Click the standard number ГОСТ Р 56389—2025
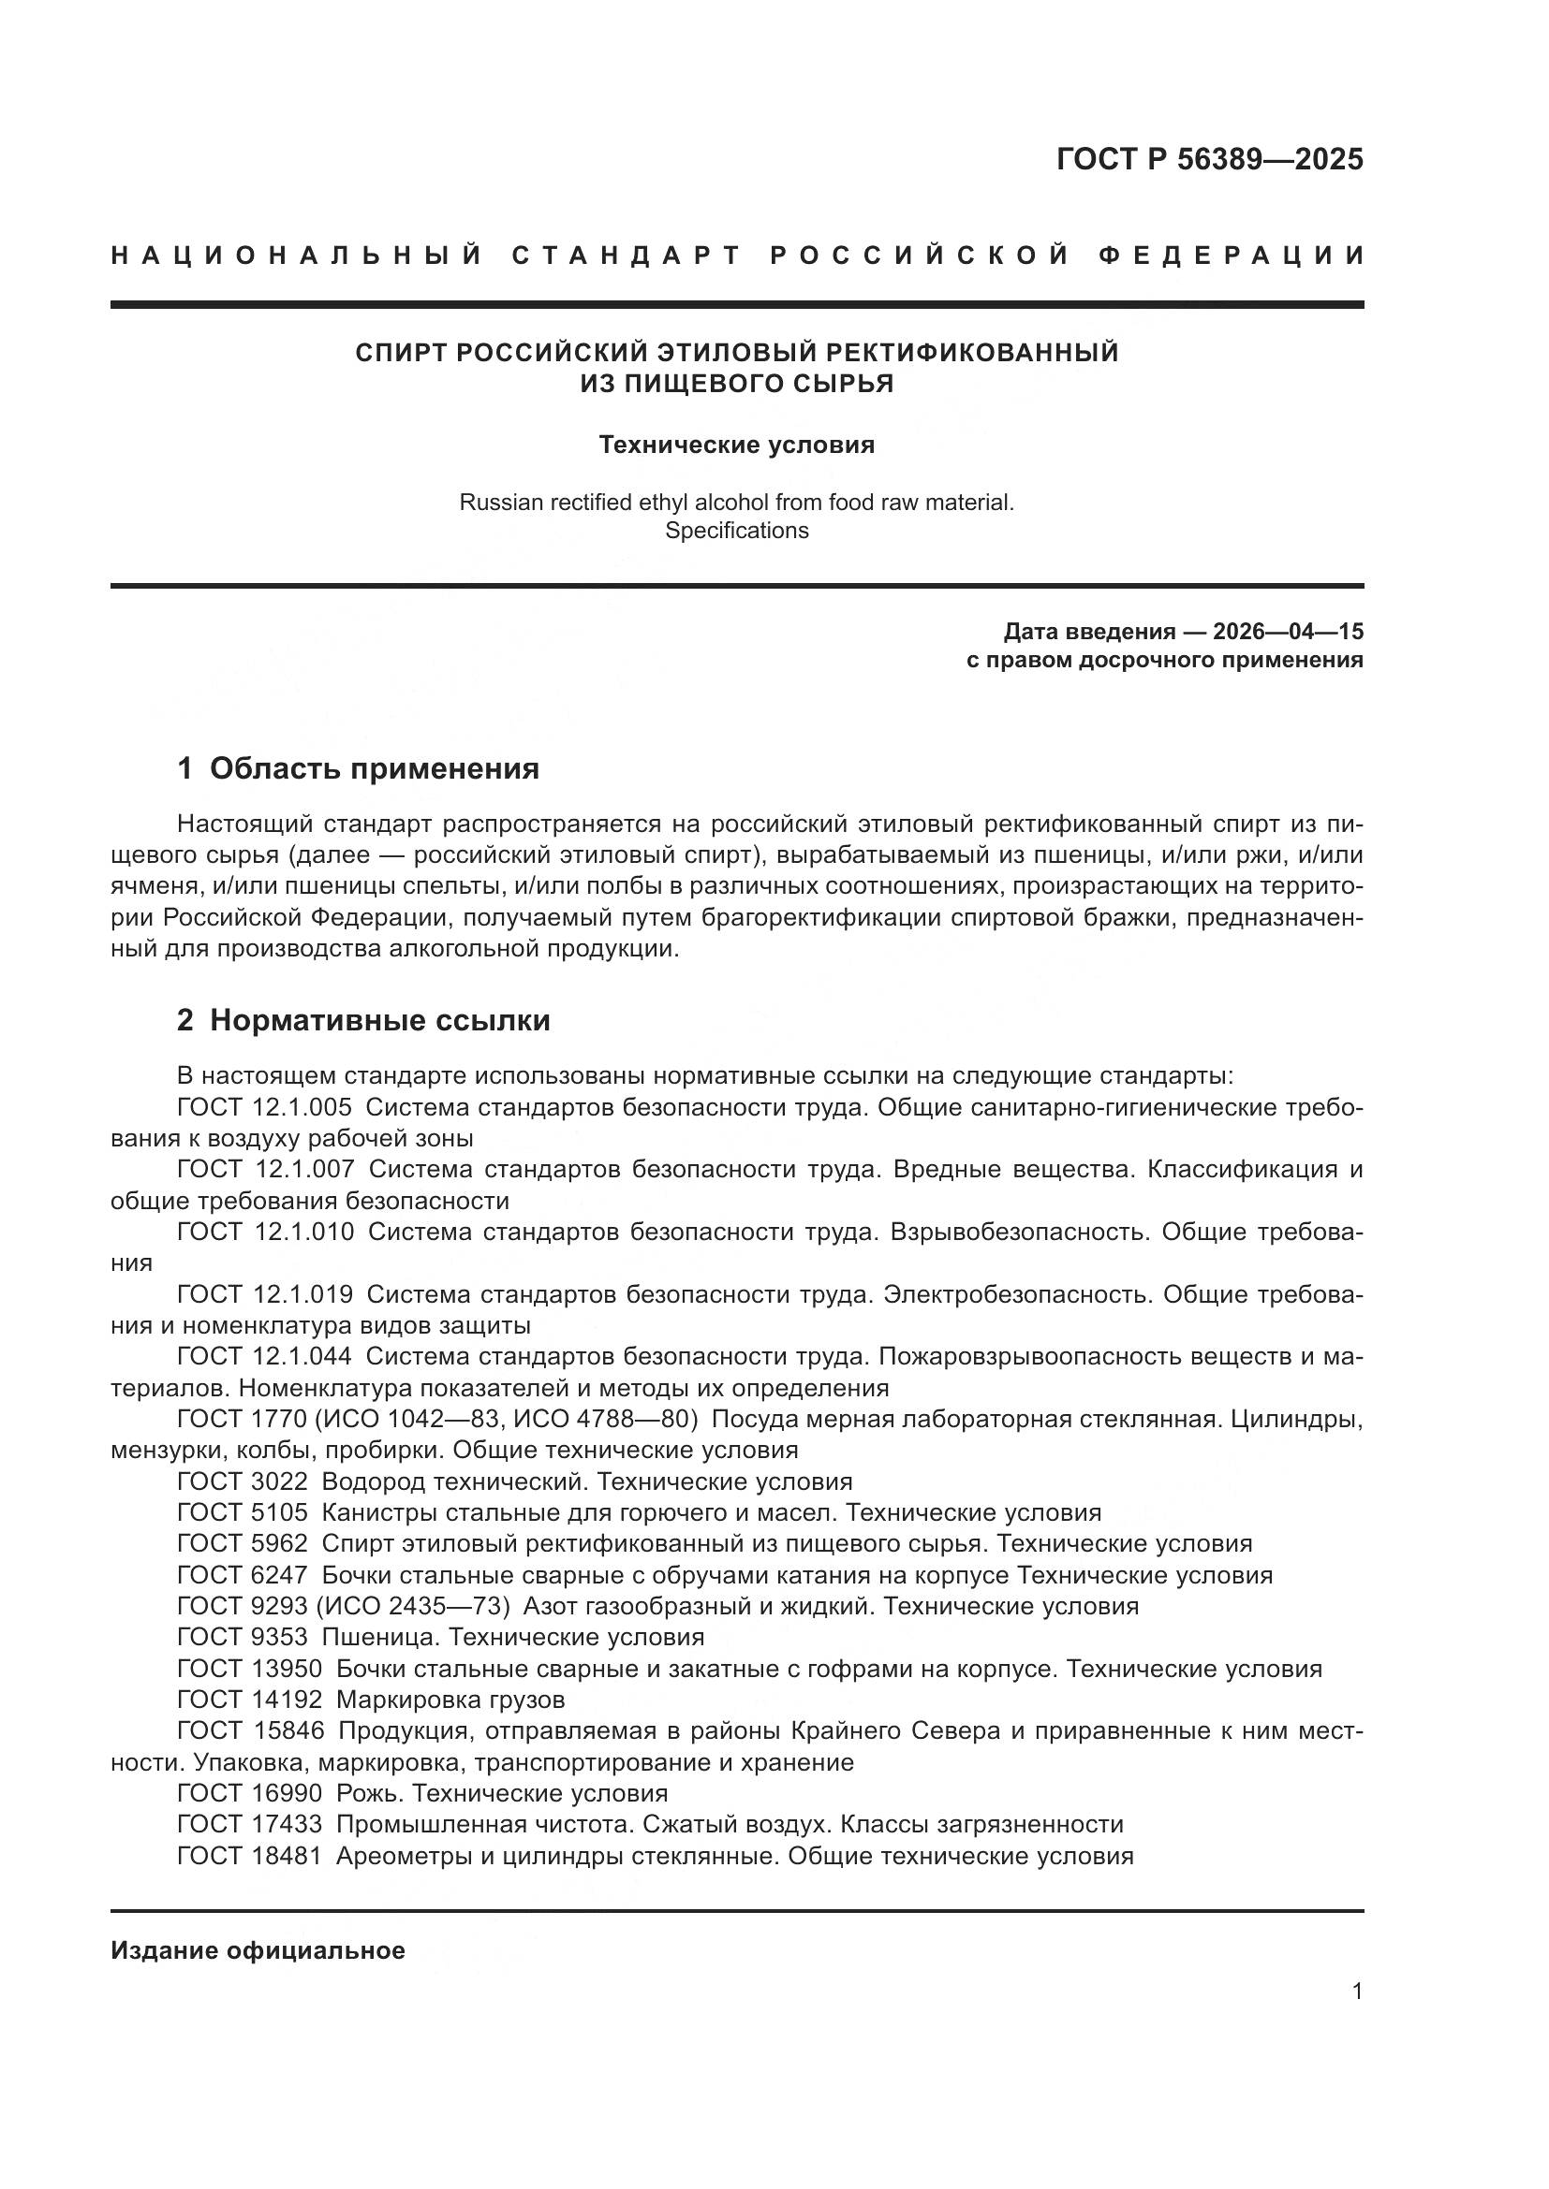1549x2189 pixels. pyautogui.click(x=1208, y=159)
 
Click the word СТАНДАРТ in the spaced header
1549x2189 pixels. pyautogui.click(x=627, y=255)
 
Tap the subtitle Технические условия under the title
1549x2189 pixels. pyautogui.click(x=736, y=445)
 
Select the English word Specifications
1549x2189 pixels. pyautogui.click(x=736, y=531)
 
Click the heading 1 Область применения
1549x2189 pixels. pyautogui.click(x=359, y=768)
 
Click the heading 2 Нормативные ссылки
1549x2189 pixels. pyautogui.click(x=363, y=1020)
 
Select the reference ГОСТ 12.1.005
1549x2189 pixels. pyautogui.click(x=264, y=1108)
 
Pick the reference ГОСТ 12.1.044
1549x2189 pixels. pyautogui.click(x=264, y=1357)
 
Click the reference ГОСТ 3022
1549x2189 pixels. pyautogui.click(x=243, y=1481)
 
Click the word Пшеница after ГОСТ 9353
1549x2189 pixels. pyautogui.click(x=377, y=1638)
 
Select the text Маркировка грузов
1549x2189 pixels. pyautogui.click(x=450, y=1700)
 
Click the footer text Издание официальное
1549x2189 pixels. pyautogui.click(x=258, y=1950)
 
